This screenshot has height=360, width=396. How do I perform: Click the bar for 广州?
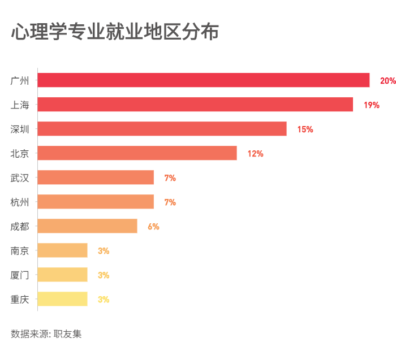click(204, 80)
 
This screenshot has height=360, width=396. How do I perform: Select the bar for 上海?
click(195, 105)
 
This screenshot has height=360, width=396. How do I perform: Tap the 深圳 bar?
click(162, 129)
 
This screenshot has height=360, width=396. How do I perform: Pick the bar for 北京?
click(137, 153)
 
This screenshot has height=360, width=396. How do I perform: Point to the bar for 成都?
click(88, 226)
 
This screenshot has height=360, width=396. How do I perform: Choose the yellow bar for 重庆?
click(63, 299)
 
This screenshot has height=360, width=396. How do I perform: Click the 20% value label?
click(388, 81)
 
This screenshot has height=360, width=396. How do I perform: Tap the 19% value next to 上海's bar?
click(371, 105)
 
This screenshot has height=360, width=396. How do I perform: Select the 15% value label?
click(305, 129)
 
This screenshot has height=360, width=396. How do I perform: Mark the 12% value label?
click(255, 154)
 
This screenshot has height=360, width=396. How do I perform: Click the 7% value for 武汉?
click(170, 178)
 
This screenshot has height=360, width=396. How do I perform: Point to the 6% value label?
click(153, 227)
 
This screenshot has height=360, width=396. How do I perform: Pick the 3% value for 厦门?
click(103, 275)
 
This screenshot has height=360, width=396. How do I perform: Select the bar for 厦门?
click(63, 275)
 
